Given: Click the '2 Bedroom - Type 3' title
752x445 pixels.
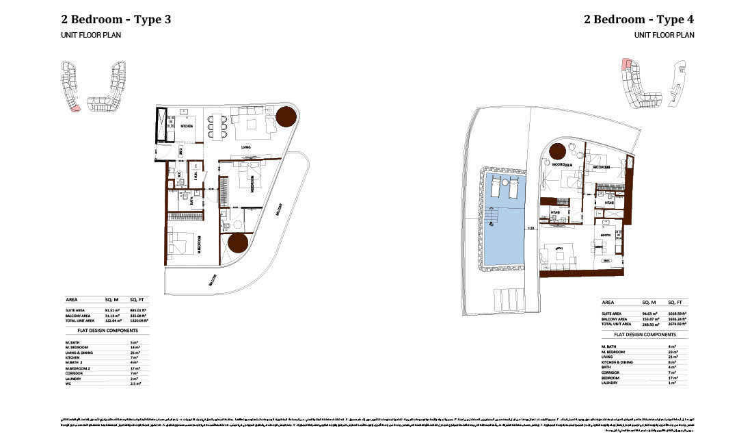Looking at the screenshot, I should (116, 18).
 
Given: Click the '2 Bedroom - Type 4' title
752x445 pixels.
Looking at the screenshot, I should (639, 18).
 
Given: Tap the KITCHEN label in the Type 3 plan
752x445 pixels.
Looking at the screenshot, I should (186, 127).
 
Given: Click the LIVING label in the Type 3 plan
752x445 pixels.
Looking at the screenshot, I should (247, 147).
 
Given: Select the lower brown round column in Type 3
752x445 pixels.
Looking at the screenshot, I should (237, 244).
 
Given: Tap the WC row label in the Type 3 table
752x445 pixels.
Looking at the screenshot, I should (68, 383).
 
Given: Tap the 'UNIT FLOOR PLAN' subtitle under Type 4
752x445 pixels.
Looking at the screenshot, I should (664, 34).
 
